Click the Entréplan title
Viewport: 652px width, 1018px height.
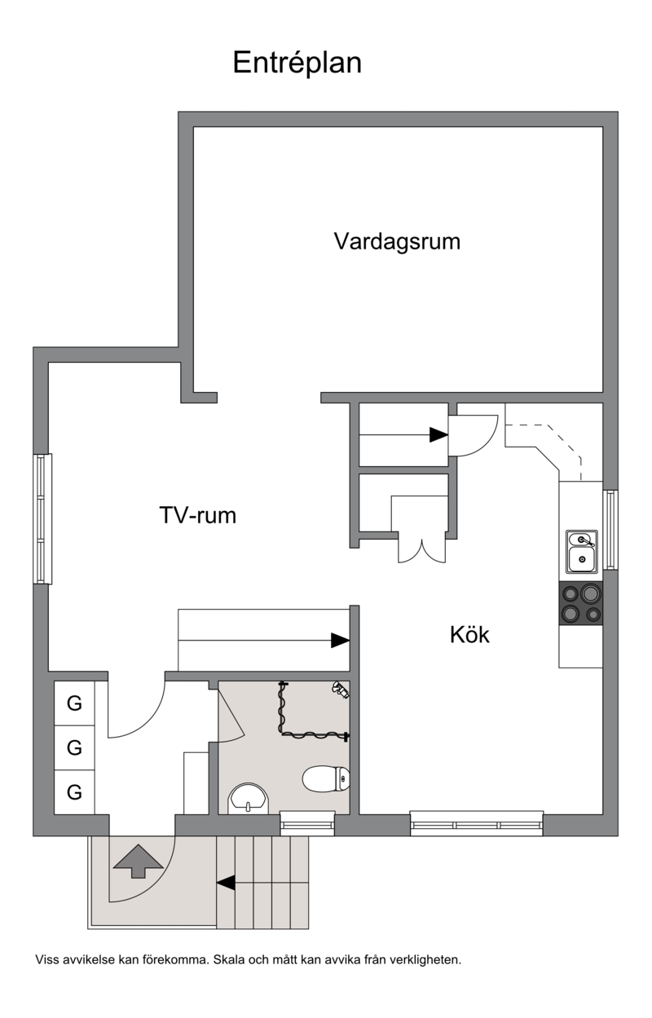(x=297, y=63)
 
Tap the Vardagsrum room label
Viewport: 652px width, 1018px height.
(x=397, y=241)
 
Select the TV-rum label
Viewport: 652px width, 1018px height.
(x=198, y=515)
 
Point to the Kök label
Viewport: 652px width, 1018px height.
(x=469, y=634)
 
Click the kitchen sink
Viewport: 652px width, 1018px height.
(x=581, y=551)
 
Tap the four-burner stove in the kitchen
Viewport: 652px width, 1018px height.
(x=581, y=603)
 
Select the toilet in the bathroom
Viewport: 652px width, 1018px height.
(x=326, y=778)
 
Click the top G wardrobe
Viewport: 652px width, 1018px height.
(x=74, y=703)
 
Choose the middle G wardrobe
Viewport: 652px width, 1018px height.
(x=74, y=748)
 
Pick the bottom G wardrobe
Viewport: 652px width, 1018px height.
(x=74, y=792)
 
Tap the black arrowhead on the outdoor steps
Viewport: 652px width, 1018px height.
(x=226, y=883)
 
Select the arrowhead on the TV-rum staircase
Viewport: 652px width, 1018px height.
(x=340, y=641)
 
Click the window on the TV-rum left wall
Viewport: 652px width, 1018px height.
(x=42, y=518)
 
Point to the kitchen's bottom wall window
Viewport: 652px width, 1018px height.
(x=477, y=823)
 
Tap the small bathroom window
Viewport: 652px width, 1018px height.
(x=307, y=823)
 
